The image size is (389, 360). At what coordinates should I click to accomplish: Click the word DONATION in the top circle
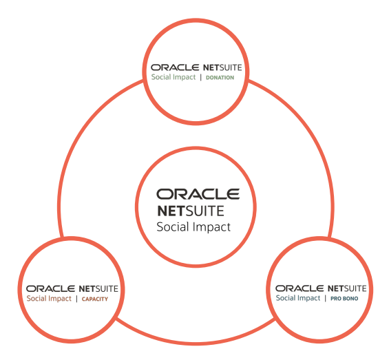(x=220, y=78)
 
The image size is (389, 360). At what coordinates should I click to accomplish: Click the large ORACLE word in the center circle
(x=198, y=194)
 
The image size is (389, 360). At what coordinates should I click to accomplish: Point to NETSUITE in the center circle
(x=190, y=211)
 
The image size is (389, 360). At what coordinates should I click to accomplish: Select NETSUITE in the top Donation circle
(x=222, y=67)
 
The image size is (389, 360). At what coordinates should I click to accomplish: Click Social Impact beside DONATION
(x=174, y=78)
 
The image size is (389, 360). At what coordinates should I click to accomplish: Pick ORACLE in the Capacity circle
(x=50, y=288)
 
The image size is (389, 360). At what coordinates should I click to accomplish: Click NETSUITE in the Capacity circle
(x=98, y=288)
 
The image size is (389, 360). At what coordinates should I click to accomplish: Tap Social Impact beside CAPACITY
(x=48, y=299)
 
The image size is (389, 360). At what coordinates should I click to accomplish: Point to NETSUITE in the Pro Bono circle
(x=348, y=287)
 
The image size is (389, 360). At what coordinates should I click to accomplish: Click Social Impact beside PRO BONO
(x=298, y=298)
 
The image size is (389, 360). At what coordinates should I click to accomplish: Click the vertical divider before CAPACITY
(x=76, y=299)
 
